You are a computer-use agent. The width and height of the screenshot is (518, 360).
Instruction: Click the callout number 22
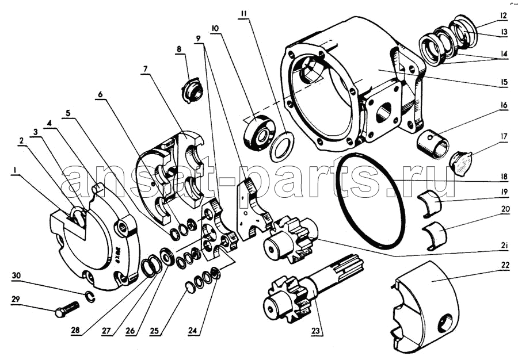coord(503,265)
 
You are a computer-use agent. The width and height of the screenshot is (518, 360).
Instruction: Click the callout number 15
coord(504,82)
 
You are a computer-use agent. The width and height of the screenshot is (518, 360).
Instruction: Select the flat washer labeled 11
coord(281,147)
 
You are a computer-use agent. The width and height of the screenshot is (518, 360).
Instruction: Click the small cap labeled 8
coord(191,90)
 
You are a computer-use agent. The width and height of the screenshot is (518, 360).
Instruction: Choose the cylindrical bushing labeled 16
coord(432,144)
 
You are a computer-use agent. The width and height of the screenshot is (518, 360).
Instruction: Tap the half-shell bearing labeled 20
coord(435,236)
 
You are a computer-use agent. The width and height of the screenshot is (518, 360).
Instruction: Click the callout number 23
coord(316,330)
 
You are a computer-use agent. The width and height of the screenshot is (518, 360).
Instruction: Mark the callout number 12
coord(503,16)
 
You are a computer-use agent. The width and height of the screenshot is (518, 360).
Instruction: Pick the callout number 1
coord(14,170)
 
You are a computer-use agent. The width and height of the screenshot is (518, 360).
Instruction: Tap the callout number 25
coord(154,331)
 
